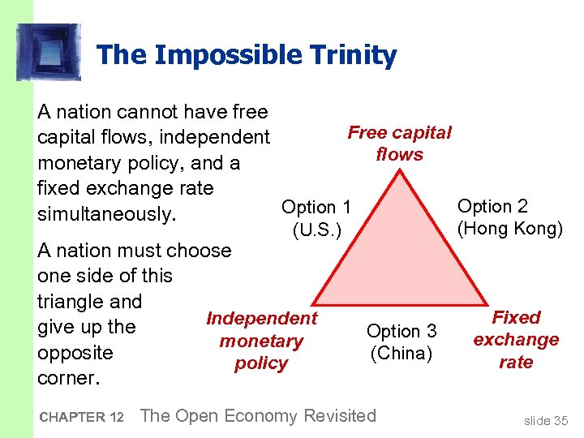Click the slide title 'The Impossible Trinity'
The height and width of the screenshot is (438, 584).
coord(246,55)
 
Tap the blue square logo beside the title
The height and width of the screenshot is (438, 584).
coord(49,52)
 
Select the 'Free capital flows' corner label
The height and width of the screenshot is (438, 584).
coord(399,144)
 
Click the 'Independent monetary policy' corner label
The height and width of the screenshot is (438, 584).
coord(261,341)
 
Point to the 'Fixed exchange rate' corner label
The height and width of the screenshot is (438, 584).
coord(516,340)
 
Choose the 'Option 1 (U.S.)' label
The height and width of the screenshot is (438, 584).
coord(316,219)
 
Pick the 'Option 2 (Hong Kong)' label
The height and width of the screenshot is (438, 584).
coord(509,217)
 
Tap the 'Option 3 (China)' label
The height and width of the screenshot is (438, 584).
coord(401,342)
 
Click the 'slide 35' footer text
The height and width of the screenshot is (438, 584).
coord(546,419)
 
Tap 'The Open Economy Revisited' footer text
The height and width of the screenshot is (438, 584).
coord(258,416)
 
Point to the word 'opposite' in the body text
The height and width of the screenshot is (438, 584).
coord(75,354)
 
